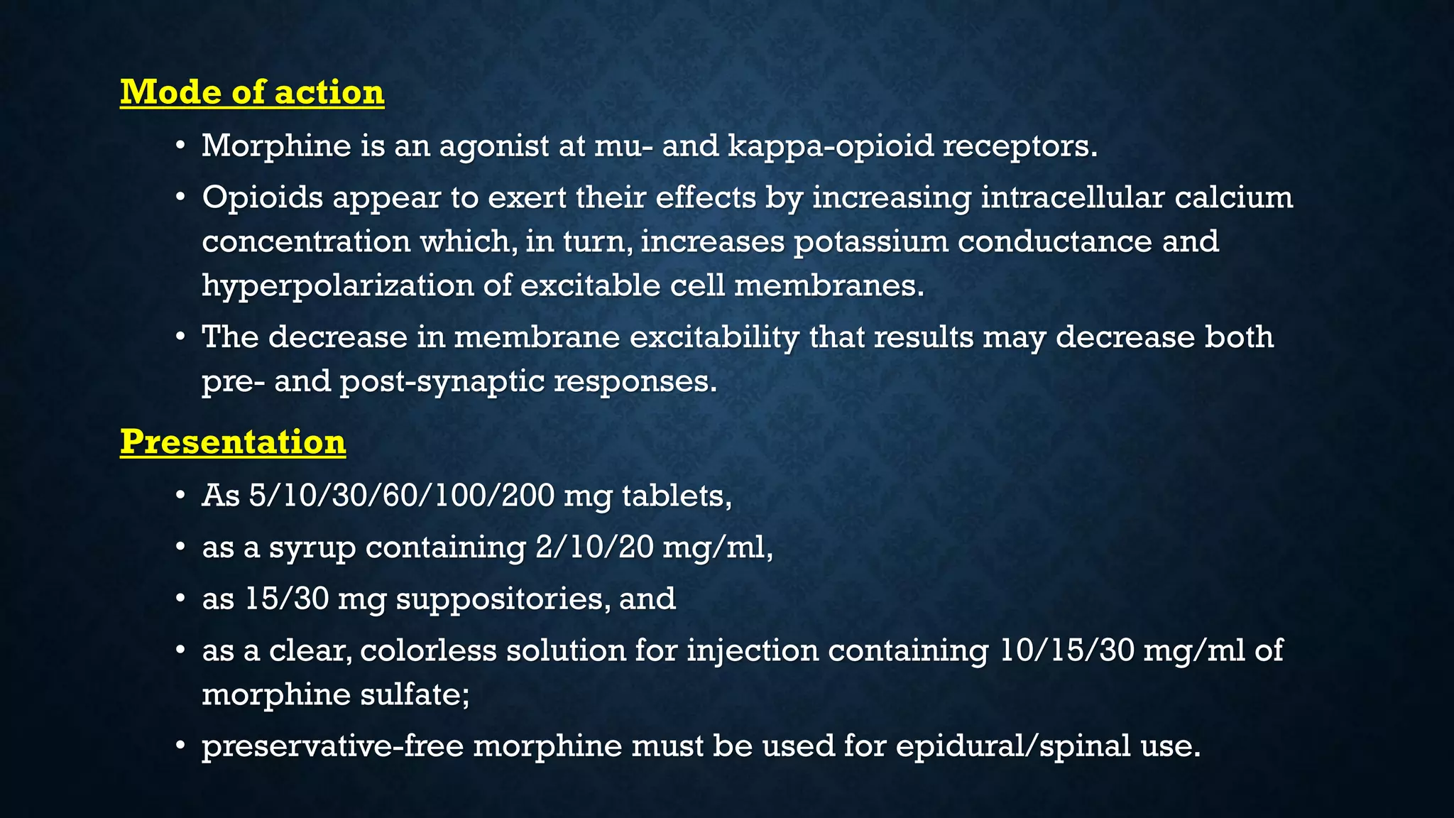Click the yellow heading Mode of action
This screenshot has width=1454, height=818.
[x=252, y=92]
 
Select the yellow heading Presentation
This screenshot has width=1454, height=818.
[x=233, y=442]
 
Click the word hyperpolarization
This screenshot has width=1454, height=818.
[x=338, y=286]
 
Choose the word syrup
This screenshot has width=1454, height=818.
[x=312, y=548]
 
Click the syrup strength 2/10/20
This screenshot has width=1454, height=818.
[x=594, y=547]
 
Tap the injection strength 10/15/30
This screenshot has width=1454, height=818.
[x=1066, y=650]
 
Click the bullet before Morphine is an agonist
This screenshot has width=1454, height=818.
[x=181, y=146]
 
